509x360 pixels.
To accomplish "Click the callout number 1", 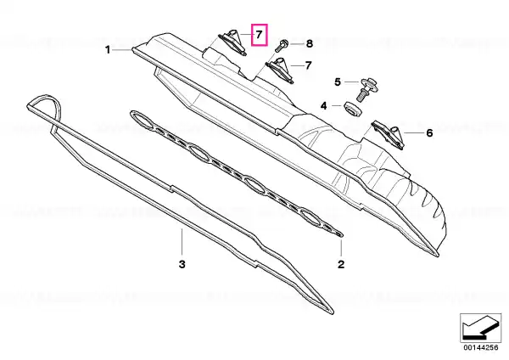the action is coord(108,50).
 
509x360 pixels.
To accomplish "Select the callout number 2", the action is coord(341,264).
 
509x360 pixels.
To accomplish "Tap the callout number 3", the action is coord(182,264).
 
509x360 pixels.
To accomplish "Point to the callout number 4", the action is coord(324,106).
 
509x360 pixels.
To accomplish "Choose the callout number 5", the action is coord(338,82).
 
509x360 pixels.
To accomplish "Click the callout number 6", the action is coord(429,133).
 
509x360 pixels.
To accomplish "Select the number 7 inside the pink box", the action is coord(259,35).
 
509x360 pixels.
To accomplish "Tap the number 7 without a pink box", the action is coord(308,65).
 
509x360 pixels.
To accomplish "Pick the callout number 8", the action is coord(309,43).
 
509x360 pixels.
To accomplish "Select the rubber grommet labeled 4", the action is coord(353,108).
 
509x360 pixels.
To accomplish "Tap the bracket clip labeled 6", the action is coord(388,133).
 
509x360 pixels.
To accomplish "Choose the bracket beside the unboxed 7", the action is coord(280,70).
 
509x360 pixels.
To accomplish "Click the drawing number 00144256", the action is coord(480,347).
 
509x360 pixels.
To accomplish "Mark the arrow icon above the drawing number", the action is coord(480,328).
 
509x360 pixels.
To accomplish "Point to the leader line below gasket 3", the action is coord(182,242).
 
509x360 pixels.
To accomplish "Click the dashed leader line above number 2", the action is coord(341,247).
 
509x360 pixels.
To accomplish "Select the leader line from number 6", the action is coord(414,133).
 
